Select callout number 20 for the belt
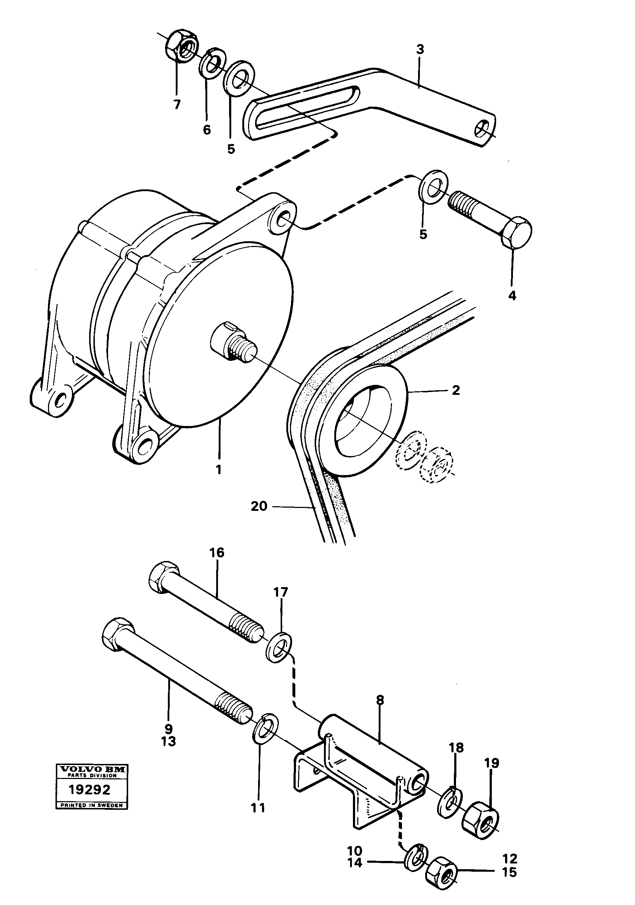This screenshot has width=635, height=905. point(258,506)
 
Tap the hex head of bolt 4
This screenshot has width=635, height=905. point(517,233)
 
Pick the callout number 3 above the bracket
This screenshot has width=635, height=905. point(420,50)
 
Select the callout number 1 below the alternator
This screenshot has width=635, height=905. point(218,469)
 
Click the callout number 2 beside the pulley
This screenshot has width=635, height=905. point(455,390)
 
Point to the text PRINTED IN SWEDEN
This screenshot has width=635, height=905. point(91,805)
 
